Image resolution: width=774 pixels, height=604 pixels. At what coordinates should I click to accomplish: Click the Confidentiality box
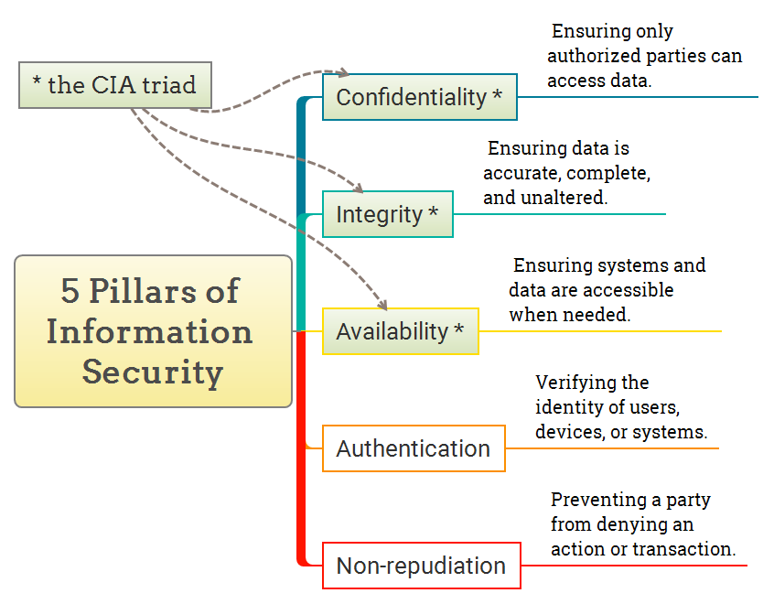pyautogui.click(x=419, y=97)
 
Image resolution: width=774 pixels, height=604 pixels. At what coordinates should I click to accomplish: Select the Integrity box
pyautogui.click(x=387, y=215)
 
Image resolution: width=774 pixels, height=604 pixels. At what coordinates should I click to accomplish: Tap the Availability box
pyautogui.click(x=400, y=331)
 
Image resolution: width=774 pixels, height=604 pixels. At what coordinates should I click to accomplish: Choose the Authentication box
pyautogui.click(x=414, y=448)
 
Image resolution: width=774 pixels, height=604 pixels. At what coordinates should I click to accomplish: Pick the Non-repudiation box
pyautogui.click(x=421, y=566)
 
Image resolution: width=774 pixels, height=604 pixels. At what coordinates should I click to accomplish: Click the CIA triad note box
pyautogui.click(x=115, y=85)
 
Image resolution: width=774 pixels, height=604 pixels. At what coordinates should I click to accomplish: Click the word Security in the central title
pyautogui.click(x=153, y=372)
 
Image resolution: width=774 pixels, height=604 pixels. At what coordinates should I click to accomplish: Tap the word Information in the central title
pyautogui.click(x=150, y=331)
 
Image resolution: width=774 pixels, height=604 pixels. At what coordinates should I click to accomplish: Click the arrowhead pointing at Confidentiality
pyautogui.click(x=344, y=72)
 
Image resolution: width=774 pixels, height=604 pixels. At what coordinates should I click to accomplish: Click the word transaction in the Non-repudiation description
pyautogui.click(x=687, y=550)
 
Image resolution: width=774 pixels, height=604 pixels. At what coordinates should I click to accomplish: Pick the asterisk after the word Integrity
pyautogui.click(x=434, y=213)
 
